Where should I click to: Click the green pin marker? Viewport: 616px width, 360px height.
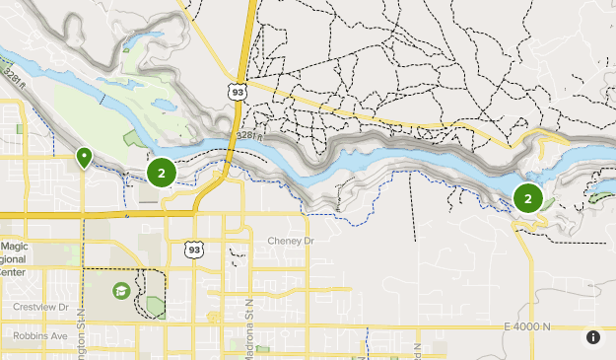point(85,157)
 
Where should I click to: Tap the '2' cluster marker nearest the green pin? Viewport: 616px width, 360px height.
point(161,173)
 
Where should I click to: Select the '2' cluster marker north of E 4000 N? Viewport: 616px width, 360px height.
point(528,198)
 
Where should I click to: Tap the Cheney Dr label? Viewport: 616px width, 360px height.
point(290,241)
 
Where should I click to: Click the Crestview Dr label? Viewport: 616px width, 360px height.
point(40,307)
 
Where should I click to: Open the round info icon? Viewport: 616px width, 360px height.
point(593,337)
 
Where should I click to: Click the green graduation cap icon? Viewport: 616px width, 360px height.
point(120,291)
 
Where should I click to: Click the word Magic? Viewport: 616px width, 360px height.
point(15,247)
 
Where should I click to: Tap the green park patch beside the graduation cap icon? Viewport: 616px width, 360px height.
point(156,306)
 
